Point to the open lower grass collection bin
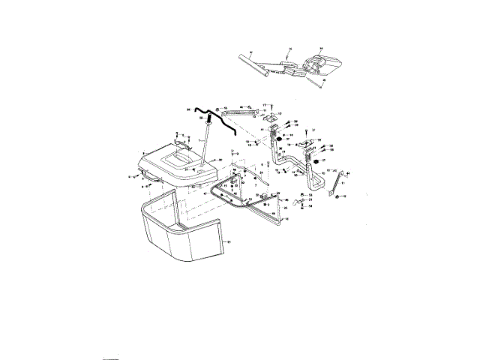coord(180,232)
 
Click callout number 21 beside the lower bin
coord(229,241)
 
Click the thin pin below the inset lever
coord(319,82)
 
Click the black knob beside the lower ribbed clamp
coord(316,161)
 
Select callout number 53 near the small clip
coord(310,195)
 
